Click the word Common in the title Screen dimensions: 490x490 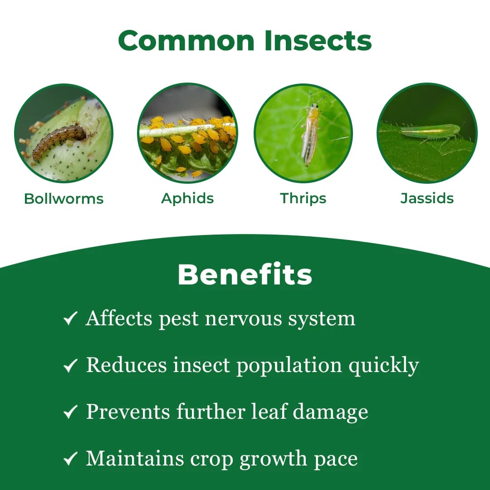186,41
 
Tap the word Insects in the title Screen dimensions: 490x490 318,41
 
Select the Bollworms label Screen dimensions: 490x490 64,199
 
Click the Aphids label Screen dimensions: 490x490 187,198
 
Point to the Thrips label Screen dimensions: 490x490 303,198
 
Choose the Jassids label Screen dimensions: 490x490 427,198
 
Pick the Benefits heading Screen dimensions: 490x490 245,274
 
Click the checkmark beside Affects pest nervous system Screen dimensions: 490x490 70,319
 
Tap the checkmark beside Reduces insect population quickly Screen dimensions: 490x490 70,366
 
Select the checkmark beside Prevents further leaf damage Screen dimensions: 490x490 70,412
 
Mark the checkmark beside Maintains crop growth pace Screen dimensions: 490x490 70,459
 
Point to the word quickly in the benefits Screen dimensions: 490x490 384,366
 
